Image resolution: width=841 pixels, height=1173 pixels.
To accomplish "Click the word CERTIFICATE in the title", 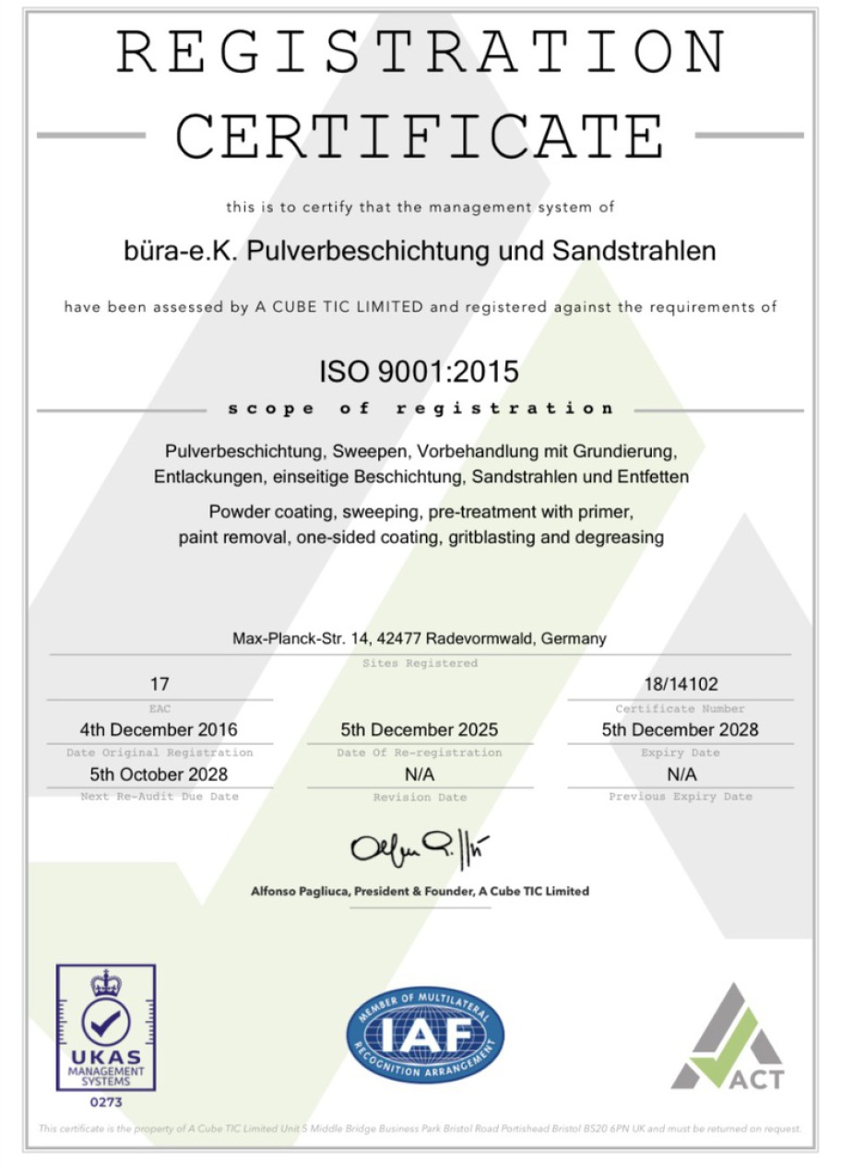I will pyautogui.click(x=420, y=136).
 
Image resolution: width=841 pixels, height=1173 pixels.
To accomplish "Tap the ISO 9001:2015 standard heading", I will pyautogui.click(x=420, y=372).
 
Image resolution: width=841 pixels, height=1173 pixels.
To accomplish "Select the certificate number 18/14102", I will pyautogui.click(x=681, y=685).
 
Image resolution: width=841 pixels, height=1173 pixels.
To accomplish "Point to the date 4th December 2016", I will pyautogui.click(x=160, y=729).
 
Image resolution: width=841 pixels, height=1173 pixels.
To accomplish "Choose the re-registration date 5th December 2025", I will pyautogui.click(x=420, y=729).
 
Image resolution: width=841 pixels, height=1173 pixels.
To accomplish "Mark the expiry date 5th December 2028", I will pyautogui.click(x=681, y=729).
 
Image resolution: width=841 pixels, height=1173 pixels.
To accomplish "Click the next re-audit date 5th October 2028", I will pyautogui.click(x=159, y=774).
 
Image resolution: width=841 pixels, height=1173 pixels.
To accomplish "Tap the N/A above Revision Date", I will pyautogui.click(x=420, y=774).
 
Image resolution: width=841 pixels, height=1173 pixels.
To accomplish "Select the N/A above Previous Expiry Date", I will pyautogui.click(x=681, y=774).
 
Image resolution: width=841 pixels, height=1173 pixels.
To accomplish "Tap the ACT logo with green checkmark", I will pyautogui.click(x=728, y=1037).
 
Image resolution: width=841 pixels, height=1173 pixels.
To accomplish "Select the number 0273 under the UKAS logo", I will pyautogui.click(x=106, y=1101).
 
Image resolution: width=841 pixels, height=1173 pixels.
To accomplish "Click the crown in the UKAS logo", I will pyautogui.click(x=106, y=982).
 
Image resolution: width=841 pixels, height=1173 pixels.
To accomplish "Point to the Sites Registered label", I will pyautogui.click(x=420, y=663).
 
